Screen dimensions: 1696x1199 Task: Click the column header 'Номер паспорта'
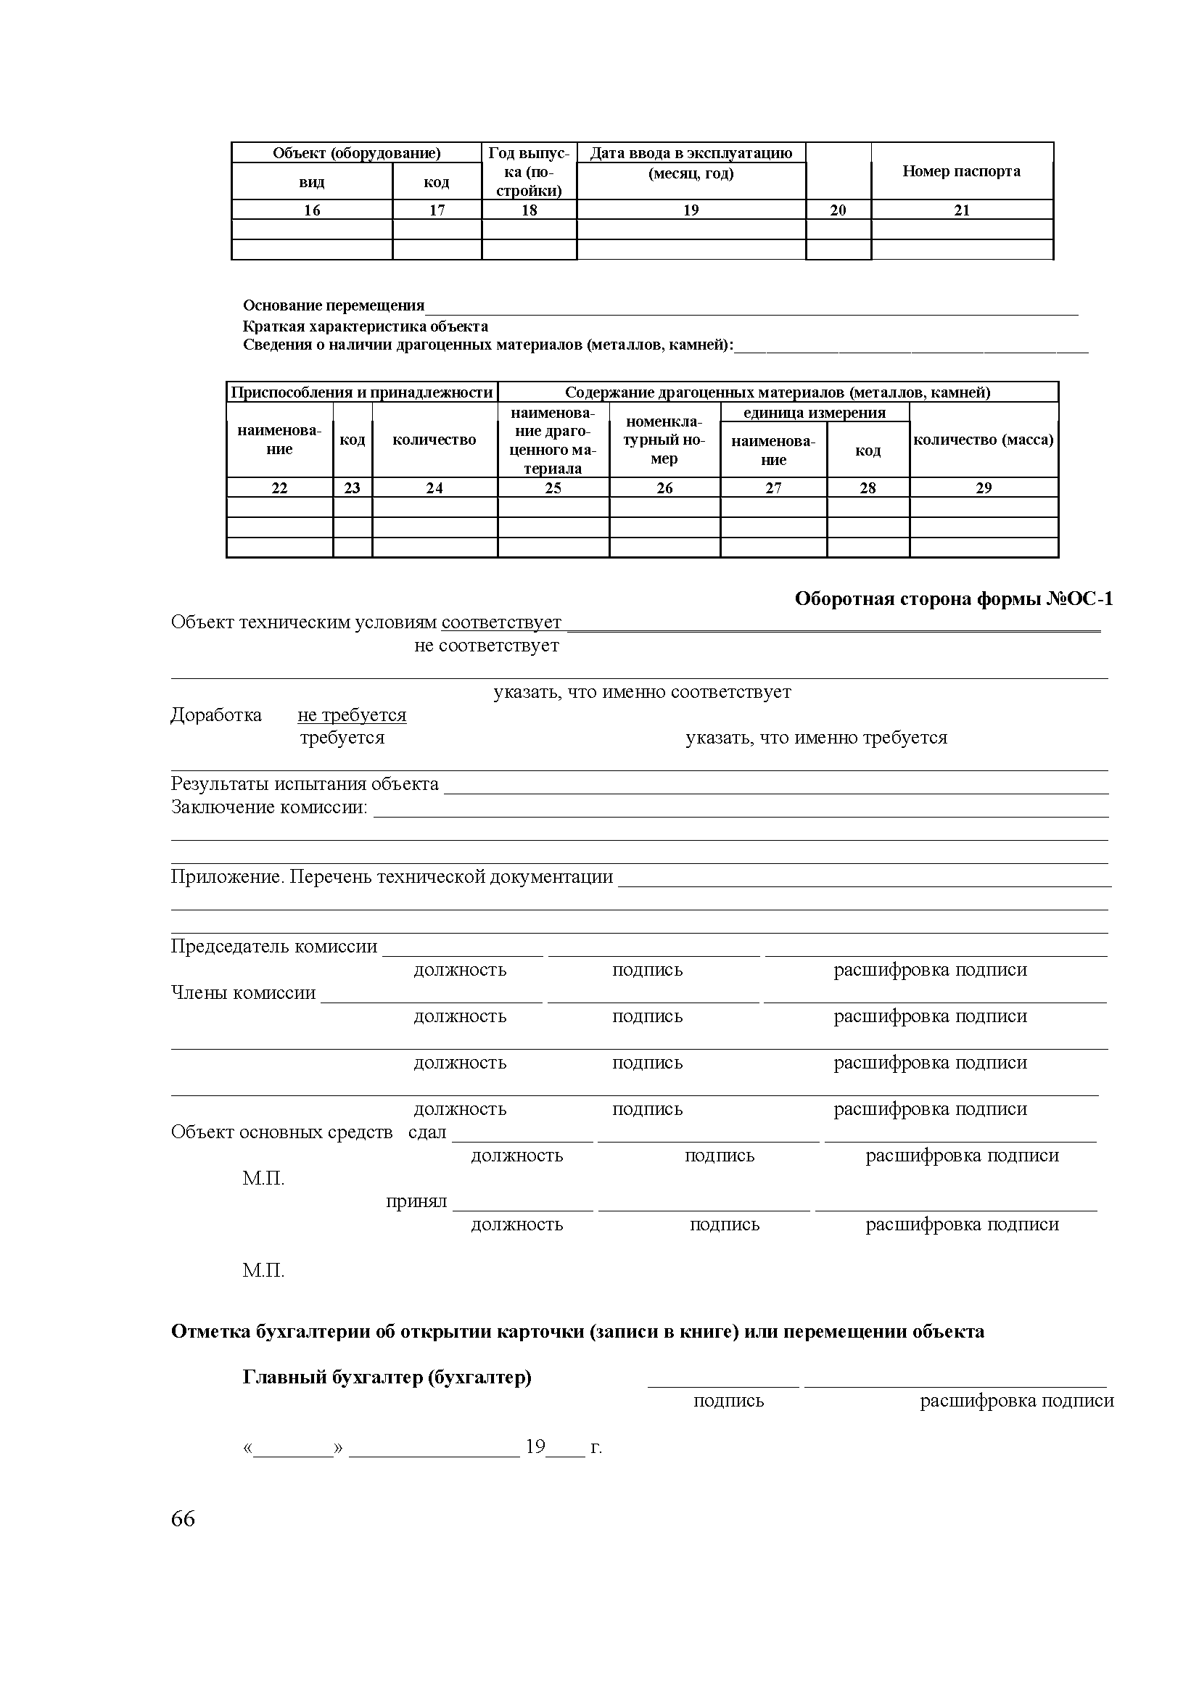pyautogui.click(x=961, y=171)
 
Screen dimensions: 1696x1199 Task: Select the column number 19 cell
pyautogui.click(x=690, y=210)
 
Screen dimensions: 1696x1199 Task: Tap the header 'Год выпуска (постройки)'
pyautogui.click(x=529, y=172)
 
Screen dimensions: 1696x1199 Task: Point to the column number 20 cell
pyautogui.click(x=838, y=210)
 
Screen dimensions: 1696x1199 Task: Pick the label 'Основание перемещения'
pyautogui.click(x=334, y=306)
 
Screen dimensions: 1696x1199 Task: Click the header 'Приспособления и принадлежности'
pyautogui.click(x=362, y=392)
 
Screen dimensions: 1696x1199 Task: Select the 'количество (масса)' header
pyautogui.click(x=984, y=440)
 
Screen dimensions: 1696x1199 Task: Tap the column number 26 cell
pyautogui.click(x=664, y=488)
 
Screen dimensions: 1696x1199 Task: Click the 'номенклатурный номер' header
pyautogui.click(x=664, y=440)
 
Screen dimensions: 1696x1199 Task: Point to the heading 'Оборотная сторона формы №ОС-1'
pyautogui.click(x=953, y=599)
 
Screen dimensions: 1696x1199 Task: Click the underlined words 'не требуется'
pyautogui.click(x=352, y=715)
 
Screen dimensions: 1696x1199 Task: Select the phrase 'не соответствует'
pyautogui.click(x=487, y=646)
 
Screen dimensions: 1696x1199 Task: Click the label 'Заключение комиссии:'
pyautogui.click(x=270, y=807)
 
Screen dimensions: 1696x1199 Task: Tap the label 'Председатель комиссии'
pyautogui.click(x=274, y=947)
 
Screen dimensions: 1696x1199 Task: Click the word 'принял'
pyautogui.click(x=416, y=1202)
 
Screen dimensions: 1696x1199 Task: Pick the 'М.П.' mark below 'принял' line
pyautogui.click(x=263, y=1270)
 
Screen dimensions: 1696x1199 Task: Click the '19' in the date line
pyautogui.click(x=535, y=1446)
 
